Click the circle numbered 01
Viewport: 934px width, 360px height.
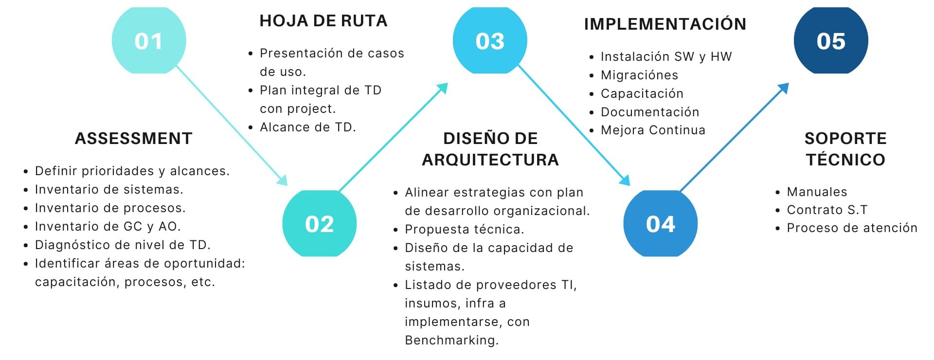point(149,40)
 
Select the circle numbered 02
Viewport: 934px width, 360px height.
point(320,223)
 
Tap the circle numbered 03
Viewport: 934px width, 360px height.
point(490,40)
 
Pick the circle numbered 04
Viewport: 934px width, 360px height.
point(661,223)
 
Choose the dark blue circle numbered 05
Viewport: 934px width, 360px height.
point(831,40)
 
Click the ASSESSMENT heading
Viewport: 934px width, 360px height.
point(134,139)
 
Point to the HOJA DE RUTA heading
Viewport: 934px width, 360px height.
point(323,21)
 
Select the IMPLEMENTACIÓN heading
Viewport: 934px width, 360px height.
point(665,23)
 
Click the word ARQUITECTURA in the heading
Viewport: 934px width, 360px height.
point(490,160)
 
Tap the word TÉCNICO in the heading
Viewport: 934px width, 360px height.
point(845,159)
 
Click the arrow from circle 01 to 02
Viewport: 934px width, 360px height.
point(232,126)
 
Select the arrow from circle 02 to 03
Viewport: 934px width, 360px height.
point(393,137)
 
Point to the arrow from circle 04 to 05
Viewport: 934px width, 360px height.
point(734,137)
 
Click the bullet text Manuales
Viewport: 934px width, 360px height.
point(817,192)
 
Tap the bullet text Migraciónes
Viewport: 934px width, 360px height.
point(639,75)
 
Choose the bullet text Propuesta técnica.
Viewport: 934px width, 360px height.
point(465,229)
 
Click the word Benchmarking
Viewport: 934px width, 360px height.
point(452,340)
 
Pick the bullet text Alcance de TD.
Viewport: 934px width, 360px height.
point(308,127)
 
